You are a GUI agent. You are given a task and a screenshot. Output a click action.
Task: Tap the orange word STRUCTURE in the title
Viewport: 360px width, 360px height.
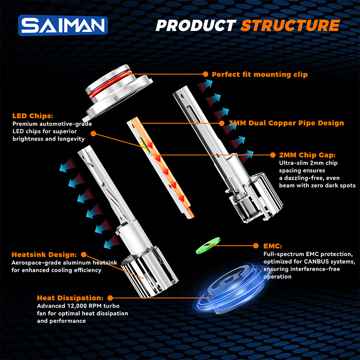pos(290,25)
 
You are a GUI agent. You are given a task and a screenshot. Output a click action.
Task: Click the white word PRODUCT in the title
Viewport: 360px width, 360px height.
pos(196,25)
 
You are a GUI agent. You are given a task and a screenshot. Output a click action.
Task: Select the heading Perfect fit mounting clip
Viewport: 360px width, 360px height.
pos(260,74)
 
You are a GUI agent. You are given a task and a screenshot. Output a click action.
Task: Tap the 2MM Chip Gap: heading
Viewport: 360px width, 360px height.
pos(307,154)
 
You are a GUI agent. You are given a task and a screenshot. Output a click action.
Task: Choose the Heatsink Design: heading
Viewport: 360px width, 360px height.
pos(44,254)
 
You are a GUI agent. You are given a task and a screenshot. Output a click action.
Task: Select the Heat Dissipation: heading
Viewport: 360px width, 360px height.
pos(70,298)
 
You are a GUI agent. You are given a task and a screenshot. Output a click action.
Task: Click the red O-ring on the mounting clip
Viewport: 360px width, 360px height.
pos(111,85)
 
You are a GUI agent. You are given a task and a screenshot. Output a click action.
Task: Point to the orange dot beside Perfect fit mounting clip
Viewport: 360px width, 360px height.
pos(205,74)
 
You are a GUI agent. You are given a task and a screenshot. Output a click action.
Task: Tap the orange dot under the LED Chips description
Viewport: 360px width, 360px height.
pos(93,133)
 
